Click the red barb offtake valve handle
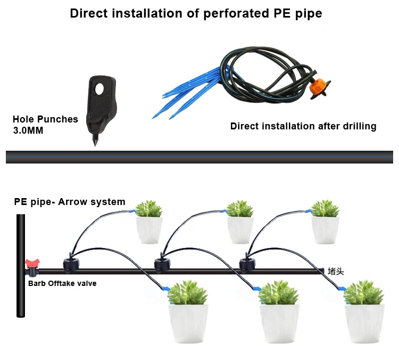coord(31,263)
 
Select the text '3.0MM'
coord(28,130)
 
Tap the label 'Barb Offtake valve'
coord(62,283)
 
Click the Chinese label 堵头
coord(336,272)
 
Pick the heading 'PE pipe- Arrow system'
coord(69,202)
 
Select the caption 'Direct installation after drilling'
coord(303,126)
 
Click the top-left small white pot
coord(149,230)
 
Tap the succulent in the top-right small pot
coord(325,208)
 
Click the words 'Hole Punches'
coord(45,119)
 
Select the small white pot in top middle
coord(240,230)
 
